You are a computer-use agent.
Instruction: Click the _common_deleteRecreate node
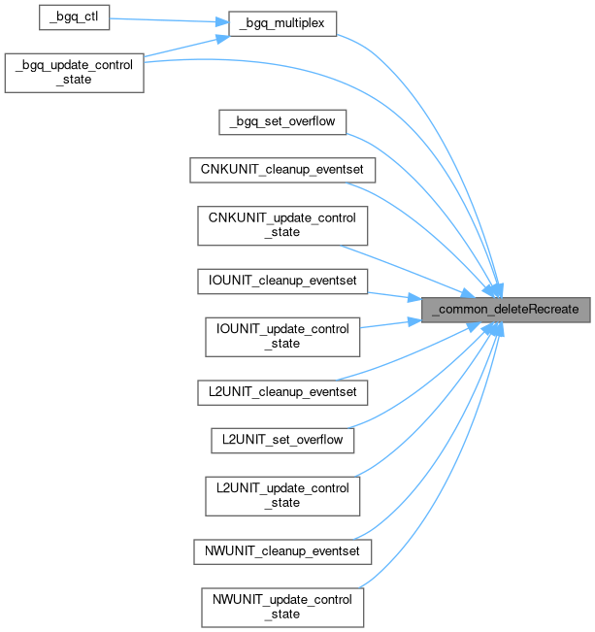[504, 309]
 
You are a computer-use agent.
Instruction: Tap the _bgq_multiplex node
[281, 23]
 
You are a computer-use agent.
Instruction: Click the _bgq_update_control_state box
[75, 72]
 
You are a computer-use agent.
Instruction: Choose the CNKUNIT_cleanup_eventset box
[281, 170]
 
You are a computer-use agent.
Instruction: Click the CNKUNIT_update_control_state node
[281, 225]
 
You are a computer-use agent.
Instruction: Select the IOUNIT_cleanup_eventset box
[281, 282]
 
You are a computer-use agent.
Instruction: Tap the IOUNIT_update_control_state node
[281, 336]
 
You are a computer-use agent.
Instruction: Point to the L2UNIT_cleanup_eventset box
[281, 392]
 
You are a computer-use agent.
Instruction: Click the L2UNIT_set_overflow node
[281, 440]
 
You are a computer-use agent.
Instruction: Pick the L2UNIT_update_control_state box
[281, 495]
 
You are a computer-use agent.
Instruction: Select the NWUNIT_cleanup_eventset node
[281, 551]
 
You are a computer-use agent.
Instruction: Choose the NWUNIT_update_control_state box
[281, 607]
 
